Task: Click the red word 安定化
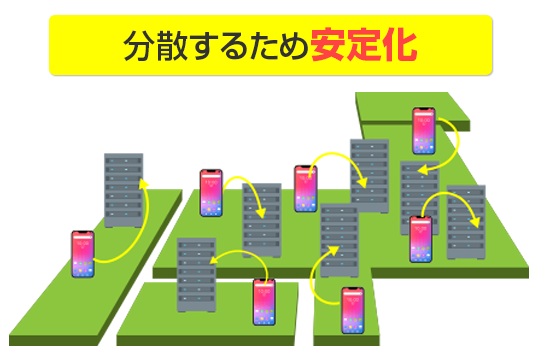click(x=363, y=46)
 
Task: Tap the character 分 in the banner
click(x=138, y=46)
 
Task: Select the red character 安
click(x=327, y=46)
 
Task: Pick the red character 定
click(x=363, y=46)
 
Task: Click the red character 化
click(x=400, y=46)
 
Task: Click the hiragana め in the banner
click(x=293, y=46)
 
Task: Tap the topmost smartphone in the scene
click(x=423, y=130)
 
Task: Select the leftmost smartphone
click(x=82, y=254)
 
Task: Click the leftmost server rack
click(x=123, y=190)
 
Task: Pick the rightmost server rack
click(x=465, y=222)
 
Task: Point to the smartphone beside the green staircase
click(x=352, y=310)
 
